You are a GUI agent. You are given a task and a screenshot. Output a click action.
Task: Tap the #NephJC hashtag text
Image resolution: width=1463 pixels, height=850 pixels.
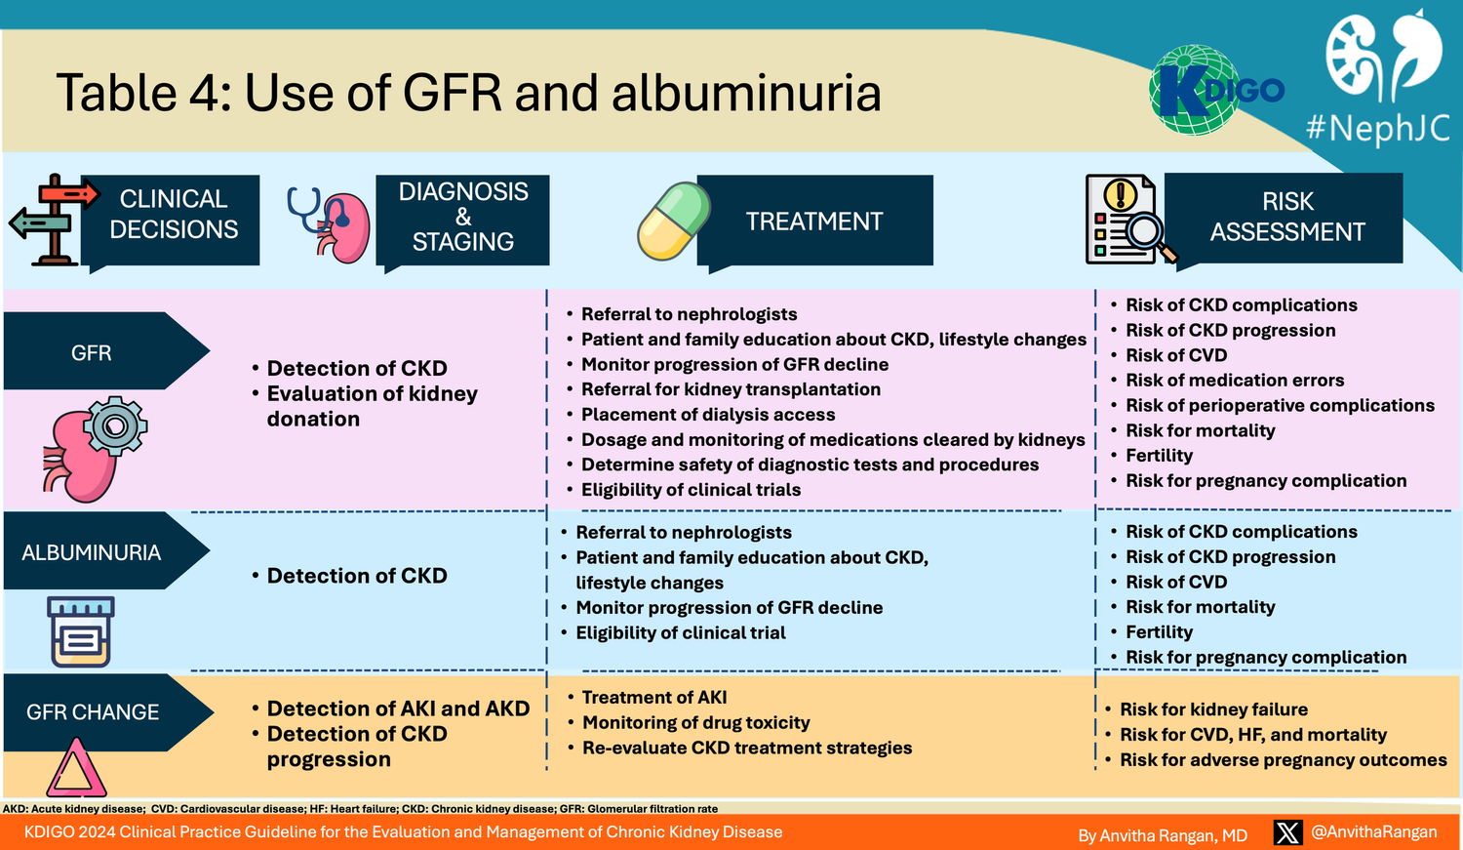1377,128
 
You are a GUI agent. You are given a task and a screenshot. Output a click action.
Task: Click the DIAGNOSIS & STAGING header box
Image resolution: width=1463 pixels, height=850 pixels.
463,217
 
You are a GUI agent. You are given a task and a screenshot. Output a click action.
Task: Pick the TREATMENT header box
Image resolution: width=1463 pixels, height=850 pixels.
814,222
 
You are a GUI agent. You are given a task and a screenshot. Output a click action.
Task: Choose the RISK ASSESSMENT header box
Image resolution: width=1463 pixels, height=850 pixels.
1286,217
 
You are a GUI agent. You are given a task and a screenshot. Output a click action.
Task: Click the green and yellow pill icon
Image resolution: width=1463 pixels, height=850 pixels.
673,221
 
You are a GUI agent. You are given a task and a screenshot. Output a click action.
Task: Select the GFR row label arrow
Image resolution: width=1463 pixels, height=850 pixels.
102,351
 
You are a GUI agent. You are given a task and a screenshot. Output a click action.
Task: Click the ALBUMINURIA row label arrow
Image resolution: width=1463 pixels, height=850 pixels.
102,551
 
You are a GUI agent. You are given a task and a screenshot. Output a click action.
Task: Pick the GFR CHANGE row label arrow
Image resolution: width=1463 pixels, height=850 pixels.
102,711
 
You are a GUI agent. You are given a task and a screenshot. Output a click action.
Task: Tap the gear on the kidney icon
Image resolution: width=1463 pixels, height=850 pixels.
115,426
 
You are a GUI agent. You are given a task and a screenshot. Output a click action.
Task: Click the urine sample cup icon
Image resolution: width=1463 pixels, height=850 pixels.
81,630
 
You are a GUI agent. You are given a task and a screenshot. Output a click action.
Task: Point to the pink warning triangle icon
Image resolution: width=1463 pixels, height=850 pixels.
76,769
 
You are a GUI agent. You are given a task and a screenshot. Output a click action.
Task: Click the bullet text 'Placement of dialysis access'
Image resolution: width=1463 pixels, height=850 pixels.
708,415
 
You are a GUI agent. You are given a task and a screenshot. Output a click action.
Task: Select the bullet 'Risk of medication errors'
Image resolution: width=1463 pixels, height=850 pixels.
1235,381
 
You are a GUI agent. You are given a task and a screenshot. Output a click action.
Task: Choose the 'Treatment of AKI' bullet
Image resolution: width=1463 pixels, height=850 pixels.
654,698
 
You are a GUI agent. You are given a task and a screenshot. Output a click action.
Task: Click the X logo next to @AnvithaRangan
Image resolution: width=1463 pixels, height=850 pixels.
1287,832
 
